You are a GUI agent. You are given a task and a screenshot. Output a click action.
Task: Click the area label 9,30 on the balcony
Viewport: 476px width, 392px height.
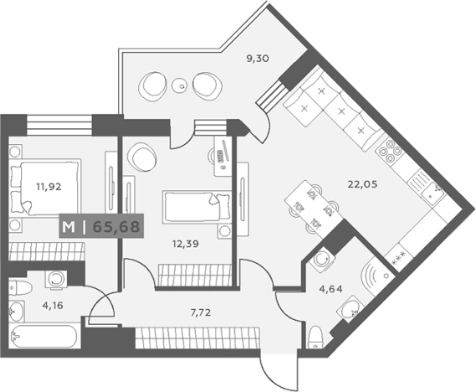[x=258, y=59]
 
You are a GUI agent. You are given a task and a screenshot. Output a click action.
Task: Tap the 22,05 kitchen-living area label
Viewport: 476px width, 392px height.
[x=362, y=183]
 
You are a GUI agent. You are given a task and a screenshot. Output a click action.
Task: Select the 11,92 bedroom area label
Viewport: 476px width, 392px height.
[x=49, y=187]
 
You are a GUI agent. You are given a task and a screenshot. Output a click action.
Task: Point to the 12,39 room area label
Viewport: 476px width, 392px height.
[x=186, y=244]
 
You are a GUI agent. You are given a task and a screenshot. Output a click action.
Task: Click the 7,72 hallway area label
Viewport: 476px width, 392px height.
[x=201, y=312]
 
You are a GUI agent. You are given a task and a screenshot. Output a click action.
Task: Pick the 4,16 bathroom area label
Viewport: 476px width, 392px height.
[x=53, y=306]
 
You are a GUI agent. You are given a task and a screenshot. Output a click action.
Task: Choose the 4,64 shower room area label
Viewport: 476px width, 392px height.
[x=330, y=289]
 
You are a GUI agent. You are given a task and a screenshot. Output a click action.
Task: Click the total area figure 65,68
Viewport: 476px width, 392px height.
[x=116, y=227]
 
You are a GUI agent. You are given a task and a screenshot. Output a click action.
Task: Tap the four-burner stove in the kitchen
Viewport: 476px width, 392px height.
[x=390, y=151]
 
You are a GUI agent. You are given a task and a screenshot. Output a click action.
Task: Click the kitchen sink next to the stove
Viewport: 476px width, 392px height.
[x=427, y=188]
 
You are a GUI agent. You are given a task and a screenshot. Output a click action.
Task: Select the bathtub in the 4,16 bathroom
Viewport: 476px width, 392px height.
[x=43, y=337]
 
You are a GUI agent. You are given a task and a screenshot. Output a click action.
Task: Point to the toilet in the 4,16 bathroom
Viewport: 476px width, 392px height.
[x=20, y=288]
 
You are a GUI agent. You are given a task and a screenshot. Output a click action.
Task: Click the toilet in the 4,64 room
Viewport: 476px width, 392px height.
[x=315, y=338]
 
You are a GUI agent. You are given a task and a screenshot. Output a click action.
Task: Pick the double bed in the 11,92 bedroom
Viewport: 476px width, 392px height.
[x=45, y=188]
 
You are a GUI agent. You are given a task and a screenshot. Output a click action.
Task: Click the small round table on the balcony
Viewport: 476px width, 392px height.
[x=181, y=85]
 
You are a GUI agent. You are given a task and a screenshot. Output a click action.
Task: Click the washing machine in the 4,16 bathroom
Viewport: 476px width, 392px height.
[x=56, y=279]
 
